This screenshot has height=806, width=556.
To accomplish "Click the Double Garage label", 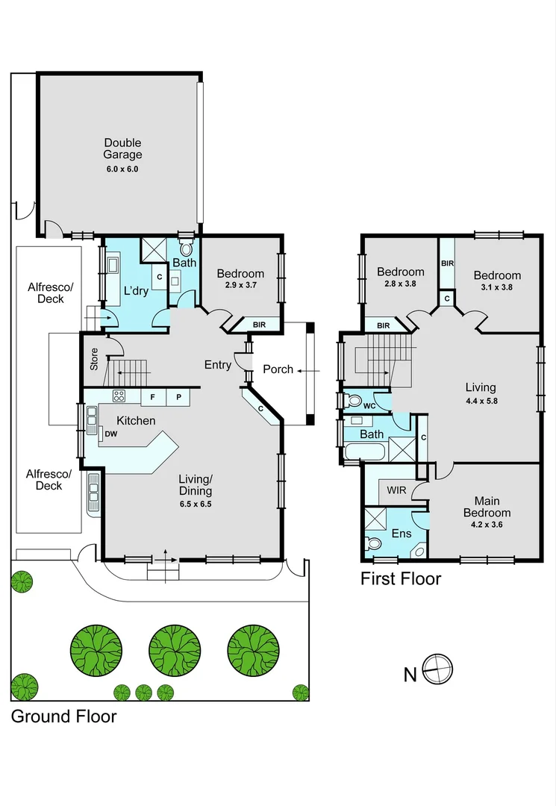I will pyautogui.click(x=122, y=149).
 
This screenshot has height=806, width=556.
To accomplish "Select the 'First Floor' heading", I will pyautogui.click(x=401, y=578).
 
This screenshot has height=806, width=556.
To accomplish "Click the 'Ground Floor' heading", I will pyautogui.click(x=63, y=716).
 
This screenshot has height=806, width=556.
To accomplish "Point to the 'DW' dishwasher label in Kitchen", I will pyautogui.click(x=111, y=434).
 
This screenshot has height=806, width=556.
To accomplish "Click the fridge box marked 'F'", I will pyautogui.click(x=153, y=398).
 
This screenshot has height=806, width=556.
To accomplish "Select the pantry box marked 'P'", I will pyautogui.click(x=178, y=398).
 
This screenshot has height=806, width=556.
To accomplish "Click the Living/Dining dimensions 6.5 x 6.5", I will pyautogui.click(x=195, y=504).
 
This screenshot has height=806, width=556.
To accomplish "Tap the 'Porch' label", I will pyautogui.click(x=278, y=369).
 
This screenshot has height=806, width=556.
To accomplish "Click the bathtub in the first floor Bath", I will pyautogui.click(x=365, y=451).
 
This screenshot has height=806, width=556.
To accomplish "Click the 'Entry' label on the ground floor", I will pyautogui.click(x=218, y=364).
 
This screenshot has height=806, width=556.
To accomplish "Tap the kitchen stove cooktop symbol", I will pyautogui.click(x=119, y=396).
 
